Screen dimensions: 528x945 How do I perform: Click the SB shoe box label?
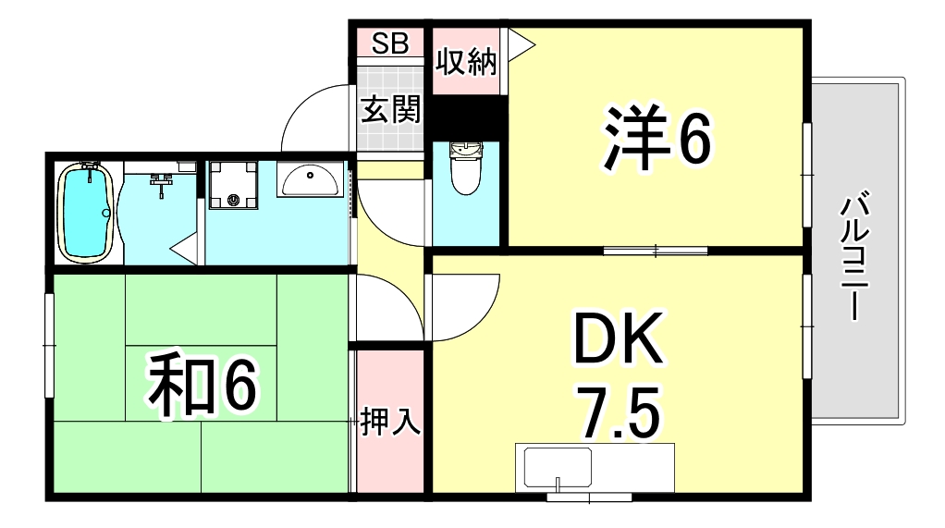(x=390, y=43)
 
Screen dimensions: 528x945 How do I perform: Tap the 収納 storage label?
(x=467, y=62)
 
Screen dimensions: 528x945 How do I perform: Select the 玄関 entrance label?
(x=390, y=110)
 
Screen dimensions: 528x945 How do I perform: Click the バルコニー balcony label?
(x=853, y=256)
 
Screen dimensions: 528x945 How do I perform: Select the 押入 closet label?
(x=390, y=421)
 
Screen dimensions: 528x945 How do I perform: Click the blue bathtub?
(x=86, y=212)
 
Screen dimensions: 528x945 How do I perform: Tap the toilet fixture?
(x=465, y=166)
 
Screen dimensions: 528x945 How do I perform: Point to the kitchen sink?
(x=558, y=468)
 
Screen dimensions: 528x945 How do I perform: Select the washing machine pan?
(x=233, y=185)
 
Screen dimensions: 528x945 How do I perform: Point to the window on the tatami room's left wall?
(x=49, y=344)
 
